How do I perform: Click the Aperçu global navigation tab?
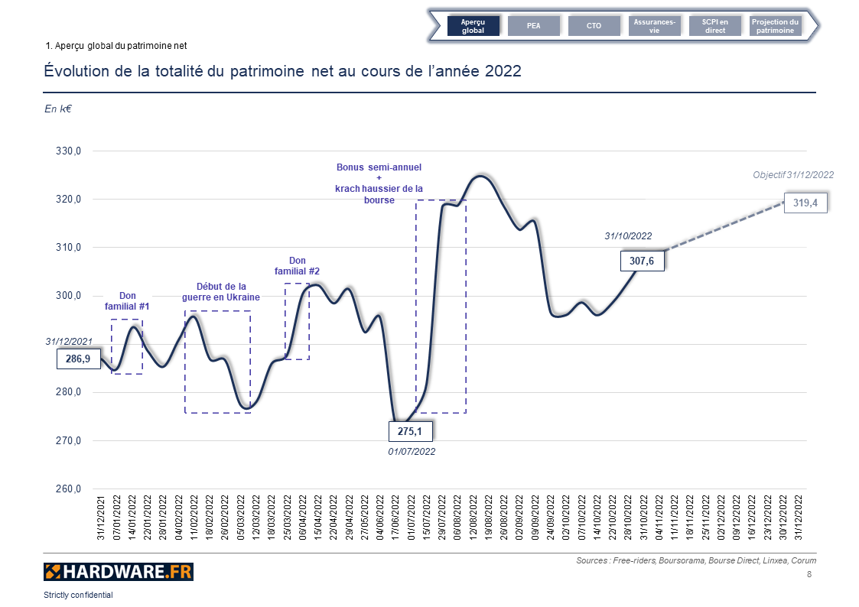(473, 26)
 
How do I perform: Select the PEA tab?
(534, 26)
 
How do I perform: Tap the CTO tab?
(594, 26)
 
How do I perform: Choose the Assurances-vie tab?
(654, 26)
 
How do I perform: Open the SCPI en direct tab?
(715, 26)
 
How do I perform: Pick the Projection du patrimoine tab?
(775, 26)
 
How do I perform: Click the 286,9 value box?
(79, 359)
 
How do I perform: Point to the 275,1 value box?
(411, 432)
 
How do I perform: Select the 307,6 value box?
(642, 261)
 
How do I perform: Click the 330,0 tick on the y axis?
(69, 151)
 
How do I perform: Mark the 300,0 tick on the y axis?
(69, 297)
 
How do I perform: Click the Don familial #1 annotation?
(127, 301)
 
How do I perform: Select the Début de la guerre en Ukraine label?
(220, 291)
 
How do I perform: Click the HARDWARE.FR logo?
(119, 571)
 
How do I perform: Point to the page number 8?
(809, 574)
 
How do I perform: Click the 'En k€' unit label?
(57, 109)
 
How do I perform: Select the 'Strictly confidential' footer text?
(78, 595)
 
